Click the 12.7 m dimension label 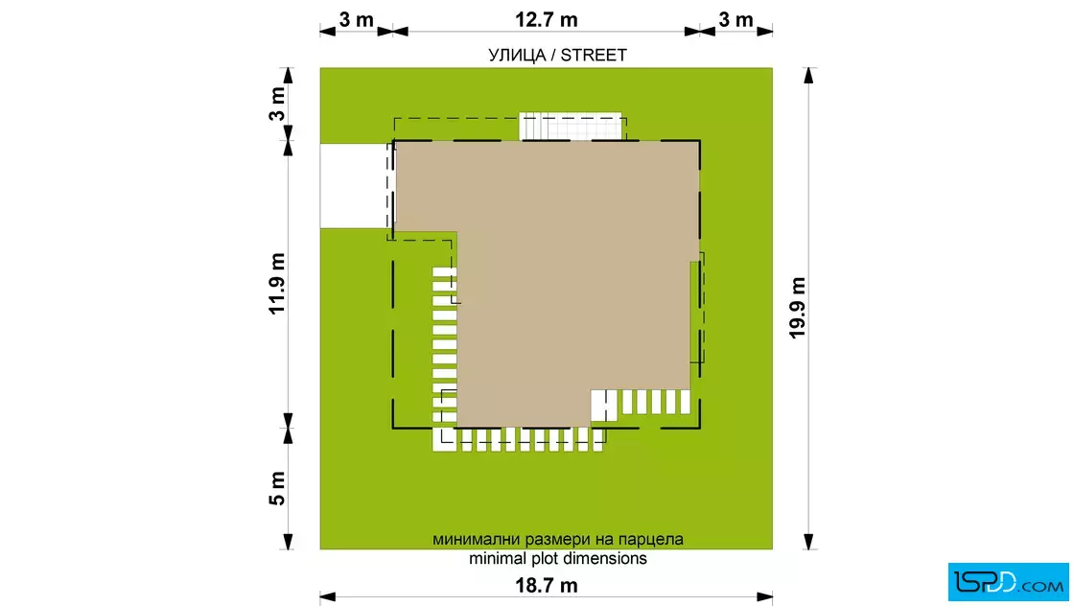[x=546, y=19]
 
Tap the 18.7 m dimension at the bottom [x=546, y=586]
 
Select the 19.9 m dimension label [x=797, y=308]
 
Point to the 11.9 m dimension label [x=277, y=284]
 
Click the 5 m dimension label [x=277, y=488]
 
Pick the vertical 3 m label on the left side [x=277, y=105]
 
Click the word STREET [x=594, y=55]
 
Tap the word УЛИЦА [x=517, y=55]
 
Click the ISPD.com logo [x=1008, y=582]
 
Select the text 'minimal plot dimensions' [x=557, y=558]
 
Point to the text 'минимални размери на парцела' [x=557, y=539]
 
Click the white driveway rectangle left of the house [x=355, y=186]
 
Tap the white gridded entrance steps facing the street [x=571, y=127]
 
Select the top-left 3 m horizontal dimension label [x=356, y=19]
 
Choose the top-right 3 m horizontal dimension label [x=735, y=19]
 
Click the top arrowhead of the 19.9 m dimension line [x=809, y=75]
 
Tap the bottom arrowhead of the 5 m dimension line [x=288, y=542]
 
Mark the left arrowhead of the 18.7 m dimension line [x=328, y=596]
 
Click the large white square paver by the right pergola [x=604, y=406]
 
